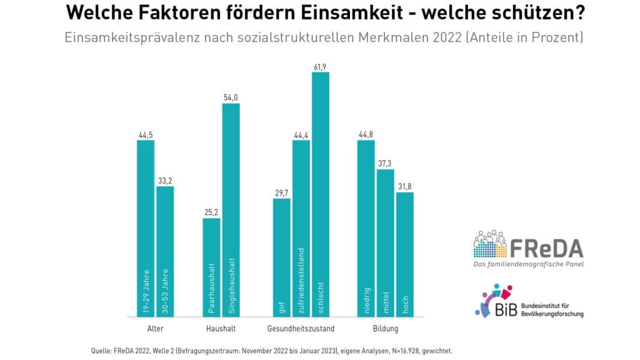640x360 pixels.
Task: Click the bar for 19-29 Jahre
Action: [146, 229]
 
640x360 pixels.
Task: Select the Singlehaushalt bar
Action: [231, 210]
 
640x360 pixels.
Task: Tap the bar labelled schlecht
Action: [321, 195]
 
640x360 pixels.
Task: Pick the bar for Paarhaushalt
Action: [211, 267]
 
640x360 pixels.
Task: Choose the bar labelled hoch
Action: [405, 255]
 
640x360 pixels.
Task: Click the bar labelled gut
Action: [282, 258]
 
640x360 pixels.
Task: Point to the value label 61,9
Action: [320, 67]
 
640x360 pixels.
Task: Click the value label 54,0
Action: [231, 97]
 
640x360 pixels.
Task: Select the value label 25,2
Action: [211, 212]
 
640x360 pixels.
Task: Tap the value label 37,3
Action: [384, 164]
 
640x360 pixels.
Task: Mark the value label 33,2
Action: [165, 181]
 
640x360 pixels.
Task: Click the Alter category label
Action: [156, 329]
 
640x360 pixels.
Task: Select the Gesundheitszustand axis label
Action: [301, 329]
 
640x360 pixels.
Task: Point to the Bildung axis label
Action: [385, 329]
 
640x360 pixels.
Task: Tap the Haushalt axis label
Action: [221, 329]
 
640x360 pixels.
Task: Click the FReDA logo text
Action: [546, 248]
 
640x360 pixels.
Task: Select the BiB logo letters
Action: [506, 309]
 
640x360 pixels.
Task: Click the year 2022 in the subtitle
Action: [447, 37]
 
